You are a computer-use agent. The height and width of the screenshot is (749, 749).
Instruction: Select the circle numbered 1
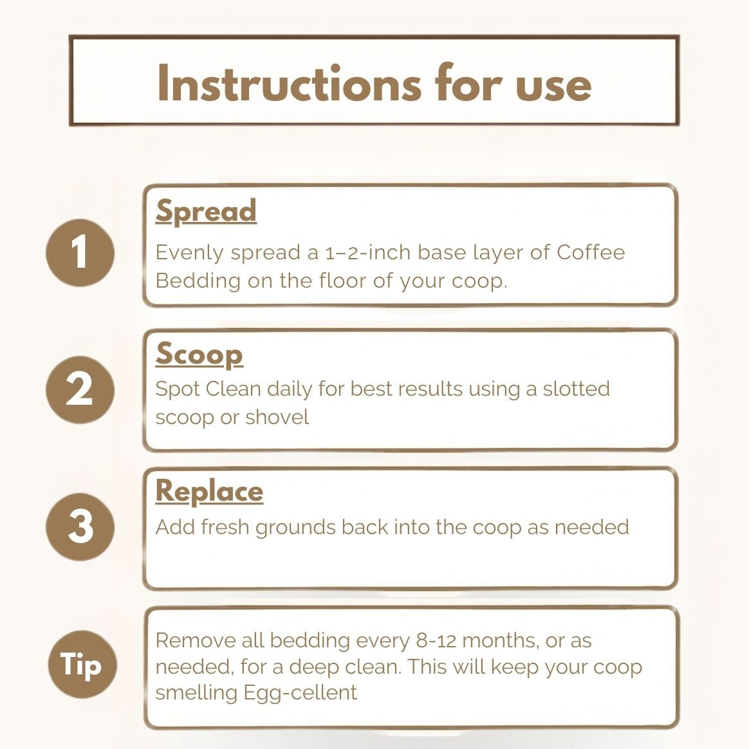coord(80,252)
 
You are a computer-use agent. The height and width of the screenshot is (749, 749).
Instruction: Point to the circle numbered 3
coord(80,526)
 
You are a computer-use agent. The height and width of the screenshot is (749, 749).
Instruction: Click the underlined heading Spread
coord(206,211)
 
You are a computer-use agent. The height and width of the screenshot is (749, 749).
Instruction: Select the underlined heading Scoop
coord(199,354)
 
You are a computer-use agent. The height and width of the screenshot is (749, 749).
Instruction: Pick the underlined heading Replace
coord(209,491)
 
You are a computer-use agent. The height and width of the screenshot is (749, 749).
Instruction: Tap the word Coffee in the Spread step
coord(590,252)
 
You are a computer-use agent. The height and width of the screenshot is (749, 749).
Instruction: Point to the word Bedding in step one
coord(198,281)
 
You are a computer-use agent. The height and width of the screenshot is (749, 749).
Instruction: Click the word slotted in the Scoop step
coord(576,389)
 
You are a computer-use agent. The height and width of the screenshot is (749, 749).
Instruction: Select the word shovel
coord(277,417)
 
